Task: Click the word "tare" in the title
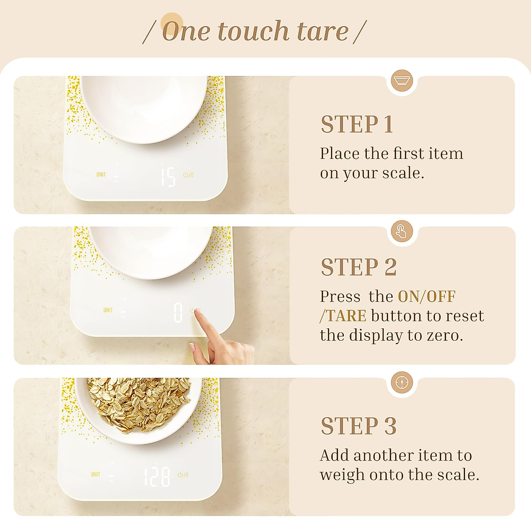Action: [323, 31]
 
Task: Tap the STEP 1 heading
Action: [357, 124]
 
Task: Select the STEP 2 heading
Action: [358, 267]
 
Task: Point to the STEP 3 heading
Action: [358, 426]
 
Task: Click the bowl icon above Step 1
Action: [402, 81]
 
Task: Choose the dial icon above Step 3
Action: [402, 382]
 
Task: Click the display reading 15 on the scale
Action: [168, 176]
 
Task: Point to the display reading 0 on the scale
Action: [178, 312]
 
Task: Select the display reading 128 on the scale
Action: [157, 477]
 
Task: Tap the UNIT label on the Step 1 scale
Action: [101, 175]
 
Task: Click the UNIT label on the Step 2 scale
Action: [108, 310]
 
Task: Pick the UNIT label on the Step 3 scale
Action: [96, 474]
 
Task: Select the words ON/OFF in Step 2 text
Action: [427, 296]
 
